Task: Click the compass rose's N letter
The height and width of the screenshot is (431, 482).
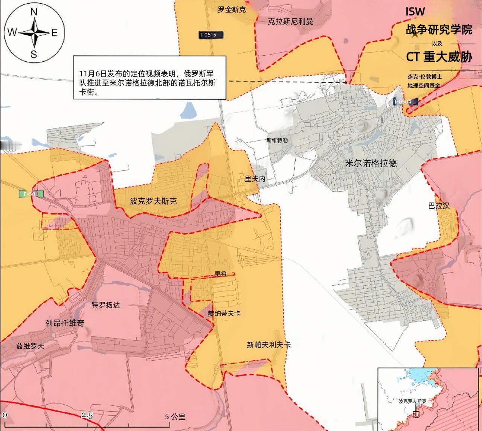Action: coord(34,12)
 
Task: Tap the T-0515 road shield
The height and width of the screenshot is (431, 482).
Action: coord(208,35)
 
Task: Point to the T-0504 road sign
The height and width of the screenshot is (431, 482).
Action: coord(403,102)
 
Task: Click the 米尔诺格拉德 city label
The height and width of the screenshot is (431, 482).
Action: coord(371,163)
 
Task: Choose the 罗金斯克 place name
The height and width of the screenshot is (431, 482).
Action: coord(232,10)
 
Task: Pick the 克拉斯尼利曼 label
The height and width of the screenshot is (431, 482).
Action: coord(290,21)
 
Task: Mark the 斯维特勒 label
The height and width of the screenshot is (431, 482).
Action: coord(277,140)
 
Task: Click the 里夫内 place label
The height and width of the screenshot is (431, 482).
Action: coord(255,179)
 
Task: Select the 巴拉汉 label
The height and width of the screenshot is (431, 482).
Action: coord(439,206)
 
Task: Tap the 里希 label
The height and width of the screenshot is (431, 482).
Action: coord(221,274)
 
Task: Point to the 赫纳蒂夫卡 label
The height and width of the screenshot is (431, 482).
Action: coord(224,313)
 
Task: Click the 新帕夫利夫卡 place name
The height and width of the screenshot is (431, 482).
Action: coord(268,345)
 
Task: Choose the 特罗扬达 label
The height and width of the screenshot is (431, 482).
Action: coord(106,305)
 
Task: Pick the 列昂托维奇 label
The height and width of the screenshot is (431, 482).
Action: coord(65,323)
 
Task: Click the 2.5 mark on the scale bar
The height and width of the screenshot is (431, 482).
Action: coord(87,416)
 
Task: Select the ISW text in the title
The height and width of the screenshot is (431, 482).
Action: coord(415,12)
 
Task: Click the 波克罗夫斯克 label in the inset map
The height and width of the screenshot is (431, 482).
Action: coord(412,402)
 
